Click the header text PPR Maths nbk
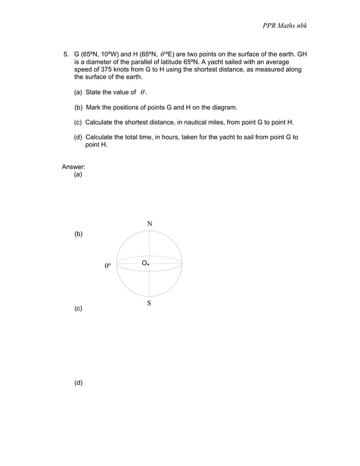pos(284,26)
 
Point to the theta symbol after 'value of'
pos(144,93)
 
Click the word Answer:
pos(73,167)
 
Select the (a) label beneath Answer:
pos(78,175)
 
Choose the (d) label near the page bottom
pos(78,383)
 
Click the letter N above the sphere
pos(150,224)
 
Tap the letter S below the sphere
pos(149,304)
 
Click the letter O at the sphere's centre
pos(144,263)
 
